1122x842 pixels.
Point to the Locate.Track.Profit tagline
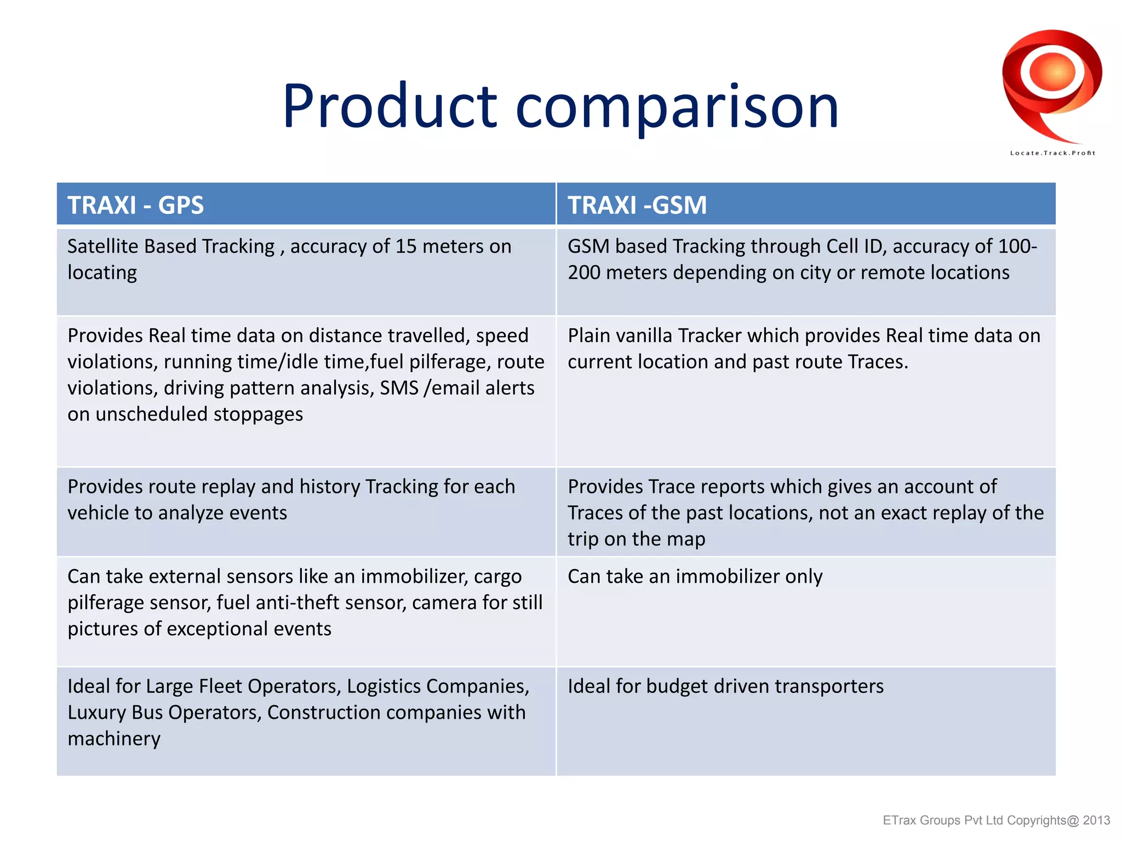click(1052, 153)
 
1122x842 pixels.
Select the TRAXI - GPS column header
click(135, 205)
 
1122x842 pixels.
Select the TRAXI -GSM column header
click(637, 205)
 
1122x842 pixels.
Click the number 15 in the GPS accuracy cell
click(406, 247)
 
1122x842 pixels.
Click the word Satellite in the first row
click(102, 247)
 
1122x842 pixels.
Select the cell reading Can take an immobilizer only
click(695, 577)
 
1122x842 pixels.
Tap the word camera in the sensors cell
click(444, 603)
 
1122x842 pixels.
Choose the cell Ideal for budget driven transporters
click(725, 686)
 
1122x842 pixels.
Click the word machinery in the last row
click(114, 739)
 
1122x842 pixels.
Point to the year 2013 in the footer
click(1096, 821)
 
